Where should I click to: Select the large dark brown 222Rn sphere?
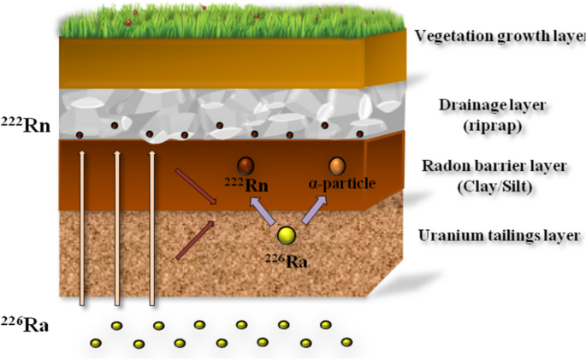[x=247, y=165]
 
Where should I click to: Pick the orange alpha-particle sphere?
[x=337, y=165]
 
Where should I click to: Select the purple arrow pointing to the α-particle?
[x=313, y=209]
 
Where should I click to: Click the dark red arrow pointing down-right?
[x=194, y=187]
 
